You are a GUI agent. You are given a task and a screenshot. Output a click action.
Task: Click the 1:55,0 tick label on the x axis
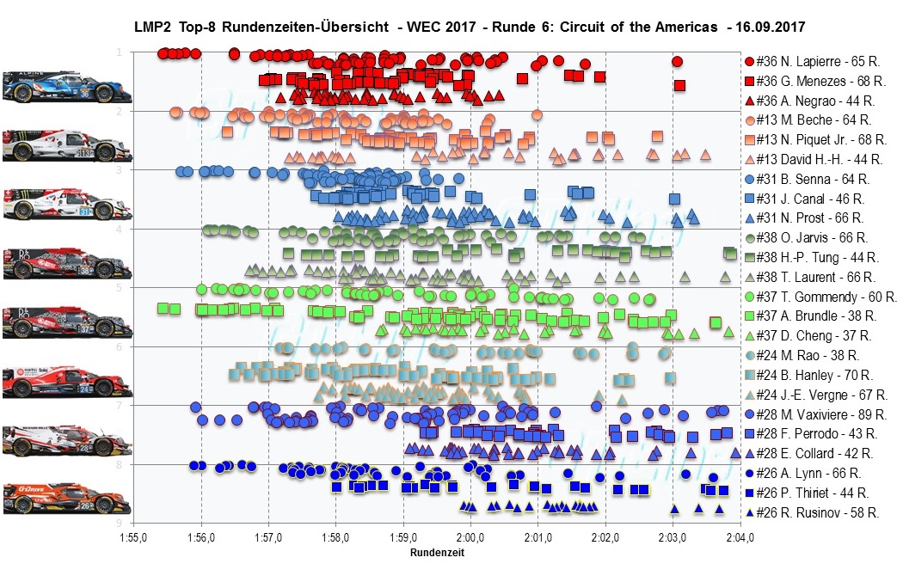133,538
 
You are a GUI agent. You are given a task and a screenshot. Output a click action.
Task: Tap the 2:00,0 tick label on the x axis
470,538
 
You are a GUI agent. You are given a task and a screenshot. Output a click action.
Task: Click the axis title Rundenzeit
437,553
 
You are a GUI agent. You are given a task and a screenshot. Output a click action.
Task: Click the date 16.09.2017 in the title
765,27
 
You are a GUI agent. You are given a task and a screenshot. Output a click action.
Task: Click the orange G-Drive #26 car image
67,497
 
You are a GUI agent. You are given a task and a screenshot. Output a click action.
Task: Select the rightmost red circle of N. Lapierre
677,62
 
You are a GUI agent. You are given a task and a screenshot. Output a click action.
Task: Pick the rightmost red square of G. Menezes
679,85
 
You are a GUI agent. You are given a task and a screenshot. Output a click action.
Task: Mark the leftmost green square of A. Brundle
162,308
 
